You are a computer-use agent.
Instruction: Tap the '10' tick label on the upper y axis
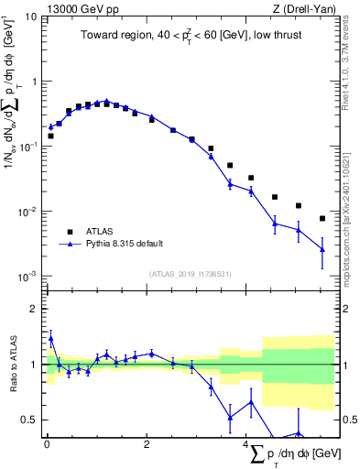30,16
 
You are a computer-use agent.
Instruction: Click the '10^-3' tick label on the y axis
27,276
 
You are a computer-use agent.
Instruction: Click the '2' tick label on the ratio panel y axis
34,309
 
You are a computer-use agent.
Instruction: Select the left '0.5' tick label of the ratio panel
29,420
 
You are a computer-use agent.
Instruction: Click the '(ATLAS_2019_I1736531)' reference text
189,273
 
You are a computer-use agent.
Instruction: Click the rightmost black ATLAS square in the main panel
322,218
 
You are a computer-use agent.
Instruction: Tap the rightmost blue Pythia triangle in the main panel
322,249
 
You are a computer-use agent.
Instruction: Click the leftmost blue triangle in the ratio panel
50,338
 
